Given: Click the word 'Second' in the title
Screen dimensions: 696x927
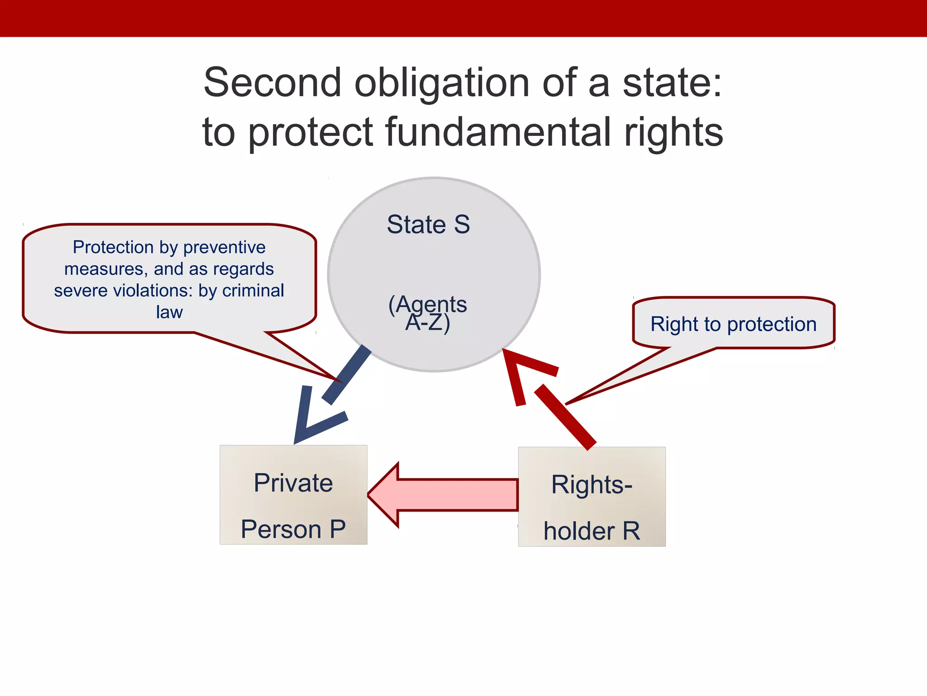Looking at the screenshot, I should click(x=272, y=82).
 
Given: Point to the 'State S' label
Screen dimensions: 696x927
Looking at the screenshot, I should click(x=428, y=224).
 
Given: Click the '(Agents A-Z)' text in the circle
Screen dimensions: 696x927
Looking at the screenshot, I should click(x=428, y=313).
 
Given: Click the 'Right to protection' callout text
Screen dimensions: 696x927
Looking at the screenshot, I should click(x=733, y=324).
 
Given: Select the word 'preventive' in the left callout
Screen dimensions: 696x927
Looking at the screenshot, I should click(x=224, y=247).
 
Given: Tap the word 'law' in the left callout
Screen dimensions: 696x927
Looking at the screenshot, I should click(x=169, y=312).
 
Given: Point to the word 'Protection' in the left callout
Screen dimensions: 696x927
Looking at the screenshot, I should click(x=113, y=247).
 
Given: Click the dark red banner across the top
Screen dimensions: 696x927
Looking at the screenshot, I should click(x=463, y=18).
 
